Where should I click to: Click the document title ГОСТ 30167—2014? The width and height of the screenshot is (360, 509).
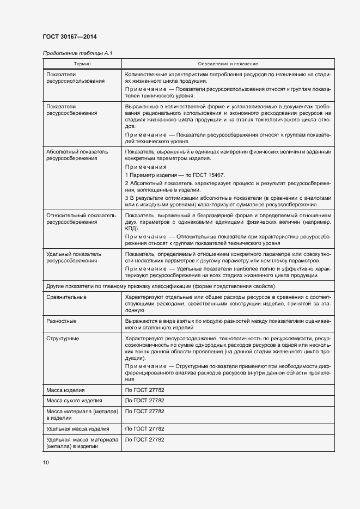click(x=65, y=36)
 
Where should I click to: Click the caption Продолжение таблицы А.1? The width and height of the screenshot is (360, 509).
click(x=74, y=53)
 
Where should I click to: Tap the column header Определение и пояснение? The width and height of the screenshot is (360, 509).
click(x=228, y=64)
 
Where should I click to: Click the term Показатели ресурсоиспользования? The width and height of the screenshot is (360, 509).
click(x=76, y=77)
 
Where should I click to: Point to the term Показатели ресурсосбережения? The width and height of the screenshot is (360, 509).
click(x=72, y=109)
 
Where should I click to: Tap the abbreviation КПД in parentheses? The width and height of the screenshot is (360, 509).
click(x=131, y=229)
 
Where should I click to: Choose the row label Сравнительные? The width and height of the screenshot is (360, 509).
click(x=66, y=297)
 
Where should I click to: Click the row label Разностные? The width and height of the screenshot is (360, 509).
click(x=62, y=321)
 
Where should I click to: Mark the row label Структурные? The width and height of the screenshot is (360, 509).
click(x=63, y=339)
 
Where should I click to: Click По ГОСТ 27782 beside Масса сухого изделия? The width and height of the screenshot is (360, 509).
click(x=144, y=401)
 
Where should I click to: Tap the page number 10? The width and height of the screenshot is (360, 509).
click(x=46, y=462)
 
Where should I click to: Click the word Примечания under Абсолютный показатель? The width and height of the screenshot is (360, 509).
click(x=145, y=167)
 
